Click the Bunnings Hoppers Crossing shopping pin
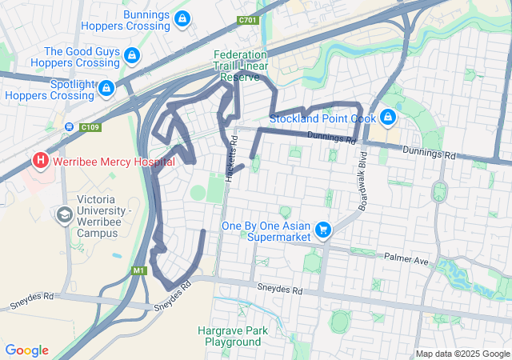pyautogui.click(x=182, y=18)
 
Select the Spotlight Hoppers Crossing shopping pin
pyautogui.click(x=106, y=88)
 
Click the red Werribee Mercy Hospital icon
pyautogui.click(x=39, y=161)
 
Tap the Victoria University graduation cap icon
pyautogui.click(x=64, y=214)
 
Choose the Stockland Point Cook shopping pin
pyautogui.click(x=388, y=118)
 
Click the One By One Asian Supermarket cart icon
pyautogui.click(x=323, y=230)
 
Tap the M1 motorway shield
pyautogui.click(x=140, y=270)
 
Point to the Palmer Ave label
pyautogui.click(x=406, y=259)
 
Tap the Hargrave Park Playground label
pyautogui.click(x=233, y=335)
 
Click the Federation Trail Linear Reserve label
pyautogui.click(x=240, y=66)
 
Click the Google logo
pyautogui.click(x=27, y=350)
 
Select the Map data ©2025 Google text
pyautogui.click(x=462, y=354)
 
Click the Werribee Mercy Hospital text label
pyautogui.click(x=114, y=161)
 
